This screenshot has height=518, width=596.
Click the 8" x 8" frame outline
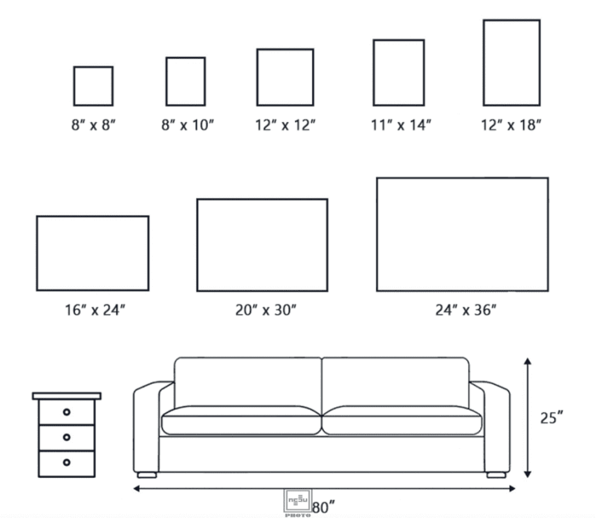pyautogui.click(x=74, y=86)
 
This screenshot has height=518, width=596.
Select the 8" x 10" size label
pyautogui.click(x=188, y=125)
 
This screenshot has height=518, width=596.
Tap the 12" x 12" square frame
pyautogui.click(x=258, y=77)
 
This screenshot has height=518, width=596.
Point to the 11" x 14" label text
pyautogui.click(x=401, y=125)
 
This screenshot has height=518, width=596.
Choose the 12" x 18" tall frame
pyautogui.click(x=484, y=63)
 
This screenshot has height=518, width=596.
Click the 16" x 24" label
pyautogui.click(x=94, y=310)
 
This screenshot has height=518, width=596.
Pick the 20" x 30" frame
pyautogui.click(x=197, y=245)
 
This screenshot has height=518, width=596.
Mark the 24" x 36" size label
pyautogui.click(x=466, y=310)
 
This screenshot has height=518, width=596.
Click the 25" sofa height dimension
pyautogui.click(x=551, y=418)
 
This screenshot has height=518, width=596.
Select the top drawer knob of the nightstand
pyautogui.click(x=67, y=412)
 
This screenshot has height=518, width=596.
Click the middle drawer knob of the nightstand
pyautogui.click(x=67, y=437)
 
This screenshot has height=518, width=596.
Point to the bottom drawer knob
pyautogui.click(x=67, y=462)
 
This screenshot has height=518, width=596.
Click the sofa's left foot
pyautogui.click(x=147, y=475)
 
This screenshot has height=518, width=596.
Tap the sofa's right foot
pyautogui.click(x=496, y=475)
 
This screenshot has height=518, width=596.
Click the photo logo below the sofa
pyautogui.click(x=298, y=502)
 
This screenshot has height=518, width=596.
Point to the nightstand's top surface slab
pyautogui.click(x=67, y=396)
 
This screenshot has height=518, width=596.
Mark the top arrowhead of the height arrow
pyautogui.click(x=527, y=361)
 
